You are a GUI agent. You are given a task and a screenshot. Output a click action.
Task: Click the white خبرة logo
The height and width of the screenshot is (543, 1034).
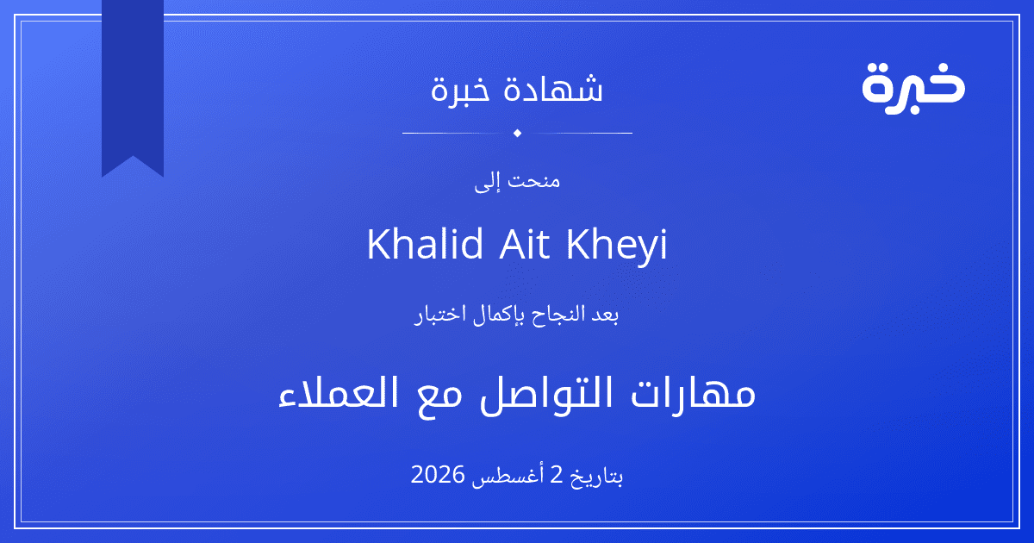click(x=913, y=88)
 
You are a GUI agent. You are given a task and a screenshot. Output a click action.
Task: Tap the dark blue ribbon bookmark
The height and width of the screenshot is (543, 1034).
click(x=133, y=88)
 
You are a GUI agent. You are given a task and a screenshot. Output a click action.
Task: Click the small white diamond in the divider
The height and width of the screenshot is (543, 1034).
click(x=517, y=133)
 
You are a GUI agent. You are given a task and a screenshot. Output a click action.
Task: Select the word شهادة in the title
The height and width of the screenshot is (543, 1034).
click(x=553, y=88)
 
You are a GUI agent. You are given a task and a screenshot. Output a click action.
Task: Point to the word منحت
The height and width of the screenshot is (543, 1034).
click(x=534, y=180)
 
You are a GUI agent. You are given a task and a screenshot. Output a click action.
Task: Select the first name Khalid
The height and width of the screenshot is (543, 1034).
click(x=425, y=243)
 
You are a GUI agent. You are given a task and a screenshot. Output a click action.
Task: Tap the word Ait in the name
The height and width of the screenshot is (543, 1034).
click(x=525, y=243)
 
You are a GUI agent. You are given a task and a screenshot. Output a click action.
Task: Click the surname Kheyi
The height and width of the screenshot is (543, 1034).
click(x=617, y=246)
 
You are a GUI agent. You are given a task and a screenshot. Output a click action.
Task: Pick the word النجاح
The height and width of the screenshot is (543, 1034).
click(x=552, y=315)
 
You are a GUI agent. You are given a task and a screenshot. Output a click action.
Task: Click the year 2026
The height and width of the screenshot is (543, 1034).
click(x=438, y=475)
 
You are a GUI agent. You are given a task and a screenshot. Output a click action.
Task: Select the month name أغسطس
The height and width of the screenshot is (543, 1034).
click(x=508, y=476)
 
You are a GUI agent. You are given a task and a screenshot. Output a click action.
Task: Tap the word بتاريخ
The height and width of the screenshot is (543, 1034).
click(x=597, y=477)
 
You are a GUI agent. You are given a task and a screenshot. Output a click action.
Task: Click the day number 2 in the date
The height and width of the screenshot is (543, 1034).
click(x=557, y=475)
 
